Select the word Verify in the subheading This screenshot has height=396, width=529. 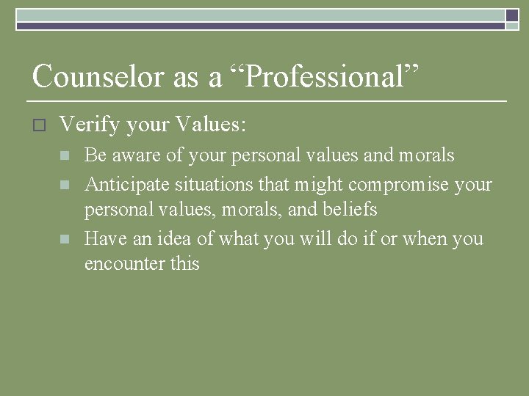click(89, 125)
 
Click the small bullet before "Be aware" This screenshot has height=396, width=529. click(65, 156)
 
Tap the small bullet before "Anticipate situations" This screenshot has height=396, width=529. click(65, 184)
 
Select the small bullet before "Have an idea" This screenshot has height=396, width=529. click(65, 239)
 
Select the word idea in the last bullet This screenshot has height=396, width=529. click(170, 238)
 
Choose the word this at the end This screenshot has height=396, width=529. click(185, 264)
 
